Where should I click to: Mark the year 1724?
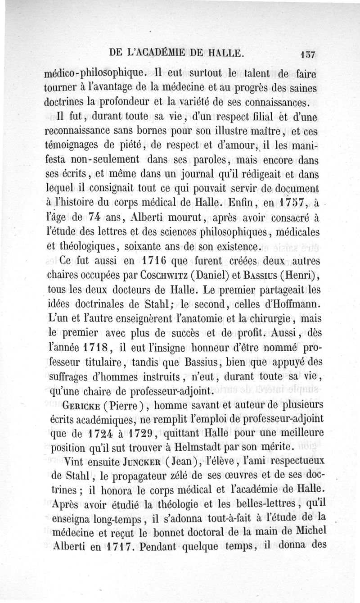99,434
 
